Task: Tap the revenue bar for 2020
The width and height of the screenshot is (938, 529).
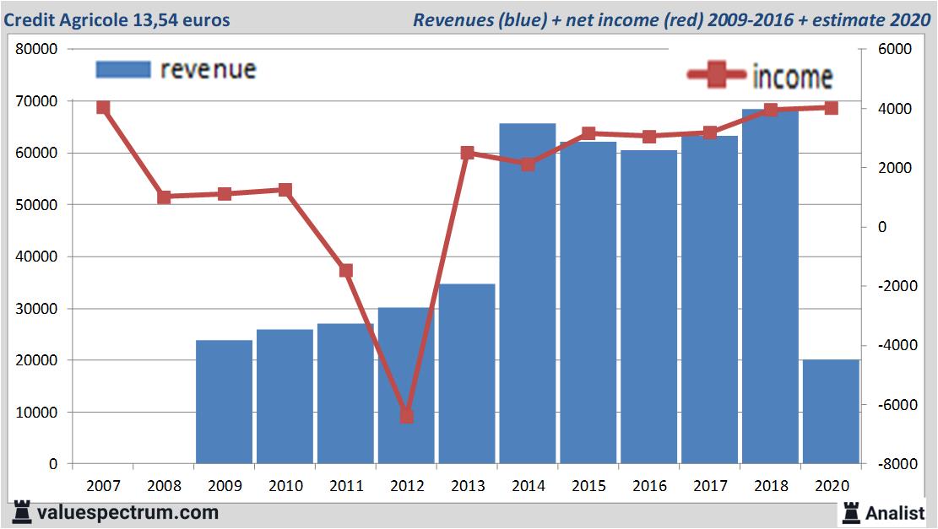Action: click(831, 412)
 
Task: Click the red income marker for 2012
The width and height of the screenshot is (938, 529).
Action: click(406, 416)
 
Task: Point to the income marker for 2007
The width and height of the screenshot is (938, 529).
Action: click(103, 107)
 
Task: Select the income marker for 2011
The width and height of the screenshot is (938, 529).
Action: click(346, 271)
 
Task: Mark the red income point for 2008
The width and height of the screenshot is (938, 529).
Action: click(164, 197)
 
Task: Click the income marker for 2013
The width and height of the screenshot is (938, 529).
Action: click(467, 153)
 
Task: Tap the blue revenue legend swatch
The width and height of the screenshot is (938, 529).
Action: click(123, 69)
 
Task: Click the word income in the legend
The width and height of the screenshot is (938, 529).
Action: click(792, 77)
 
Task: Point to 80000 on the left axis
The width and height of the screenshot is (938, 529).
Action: click(37, 49)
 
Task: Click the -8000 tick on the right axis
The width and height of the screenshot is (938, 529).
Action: click(888, 464)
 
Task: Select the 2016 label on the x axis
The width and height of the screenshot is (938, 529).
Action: click(649, 486)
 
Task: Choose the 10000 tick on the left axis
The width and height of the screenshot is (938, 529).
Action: click(37, 413)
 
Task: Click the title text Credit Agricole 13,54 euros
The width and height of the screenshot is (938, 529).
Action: click(117, 19)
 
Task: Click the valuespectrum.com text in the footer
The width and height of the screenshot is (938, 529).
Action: click(127, 512)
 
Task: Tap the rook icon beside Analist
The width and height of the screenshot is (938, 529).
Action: click(851, 512)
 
